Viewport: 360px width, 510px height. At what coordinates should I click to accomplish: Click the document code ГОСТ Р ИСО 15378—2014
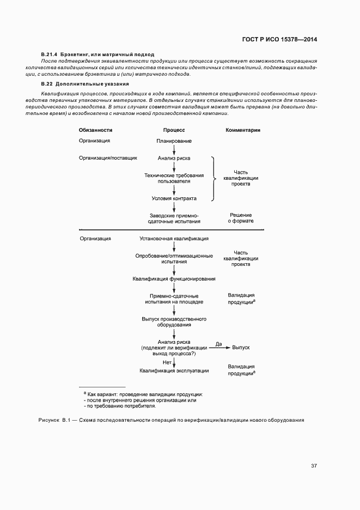point(279,40)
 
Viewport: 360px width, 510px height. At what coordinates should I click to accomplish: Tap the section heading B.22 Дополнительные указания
point(84,84)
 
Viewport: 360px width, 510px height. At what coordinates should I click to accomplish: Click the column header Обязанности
point(95,130)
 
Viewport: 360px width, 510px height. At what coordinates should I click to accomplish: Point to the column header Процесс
point(174,130)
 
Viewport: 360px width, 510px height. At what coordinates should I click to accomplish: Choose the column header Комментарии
point(243,130)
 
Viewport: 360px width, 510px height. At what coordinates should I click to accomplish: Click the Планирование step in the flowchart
point(174,141)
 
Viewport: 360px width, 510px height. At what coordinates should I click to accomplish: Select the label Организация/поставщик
point(108,158)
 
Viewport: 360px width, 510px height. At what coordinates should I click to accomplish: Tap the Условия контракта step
point(174,198)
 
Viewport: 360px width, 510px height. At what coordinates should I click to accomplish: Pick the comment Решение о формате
point(241,218)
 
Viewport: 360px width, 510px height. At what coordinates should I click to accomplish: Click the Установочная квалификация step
point(174,239)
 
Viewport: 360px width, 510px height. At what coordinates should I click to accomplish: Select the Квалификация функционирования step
point(174,279)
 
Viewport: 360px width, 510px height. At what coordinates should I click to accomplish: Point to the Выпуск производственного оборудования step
point(174,321)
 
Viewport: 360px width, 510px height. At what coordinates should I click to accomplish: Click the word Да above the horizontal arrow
point(219,344)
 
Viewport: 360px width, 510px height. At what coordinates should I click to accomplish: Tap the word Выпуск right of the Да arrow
point(241,347)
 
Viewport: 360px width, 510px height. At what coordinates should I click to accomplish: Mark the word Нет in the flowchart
point(167,362)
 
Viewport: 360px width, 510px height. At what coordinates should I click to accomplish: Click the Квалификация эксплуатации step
point(174,371)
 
